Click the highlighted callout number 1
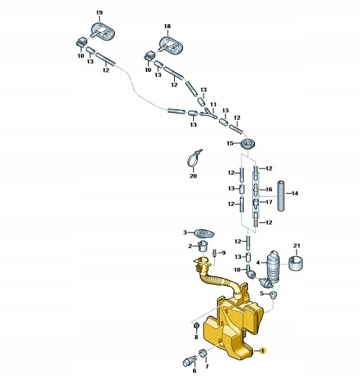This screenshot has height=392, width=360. (262, 351)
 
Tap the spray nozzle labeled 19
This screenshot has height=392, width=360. (102, 32)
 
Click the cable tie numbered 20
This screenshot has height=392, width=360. (194, 159)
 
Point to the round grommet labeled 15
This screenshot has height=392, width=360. (248, 144)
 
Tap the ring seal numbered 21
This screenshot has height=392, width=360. (296, 263)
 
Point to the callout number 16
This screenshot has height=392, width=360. (268, 189)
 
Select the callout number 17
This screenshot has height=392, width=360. (268, 202)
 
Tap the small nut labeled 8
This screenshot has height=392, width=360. (197, 326)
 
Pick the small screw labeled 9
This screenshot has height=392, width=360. (214, 254)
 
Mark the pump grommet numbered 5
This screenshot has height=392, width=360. (273, 295)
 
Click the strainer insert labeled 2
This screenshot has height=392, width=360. (202, 246)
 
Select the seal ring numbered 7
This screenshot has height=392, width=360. (202, 353)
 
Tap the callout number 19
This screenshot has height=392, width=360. (99, 13)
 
